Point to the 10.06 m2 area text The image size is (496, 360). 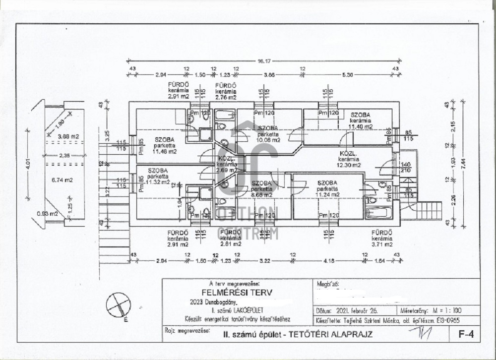268,140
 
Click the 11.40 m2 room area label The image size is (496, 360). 361,127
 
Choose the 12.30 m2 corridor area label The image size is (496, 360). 350,165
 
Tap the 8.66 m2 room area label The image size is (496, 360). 261,194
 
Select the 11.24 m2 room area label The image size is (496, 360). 327,194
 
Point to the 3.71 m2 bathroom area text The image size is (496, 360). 382,244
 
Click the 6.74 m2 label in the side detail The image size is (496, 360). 62,180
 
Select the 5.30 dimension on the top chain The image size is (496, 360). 348,74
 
